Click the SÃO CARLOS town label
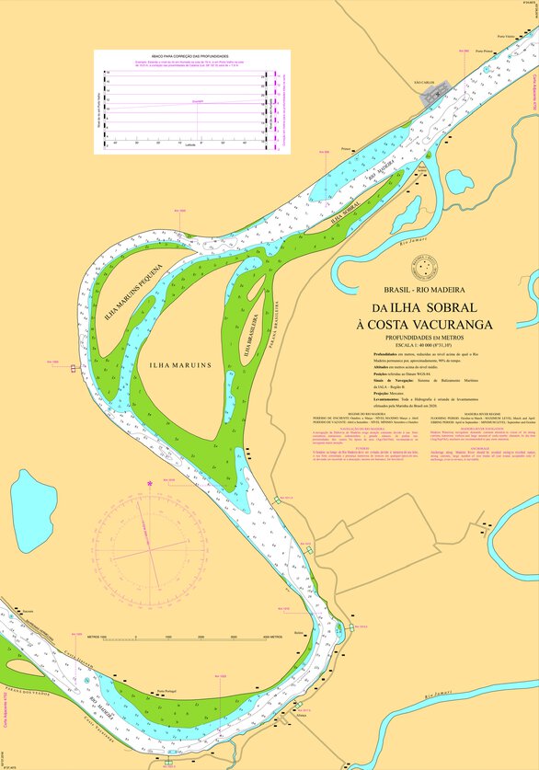pos(426,82)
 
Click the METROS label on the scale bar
pos(110,637)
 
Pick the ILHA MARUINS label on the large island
pos(178,365)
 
